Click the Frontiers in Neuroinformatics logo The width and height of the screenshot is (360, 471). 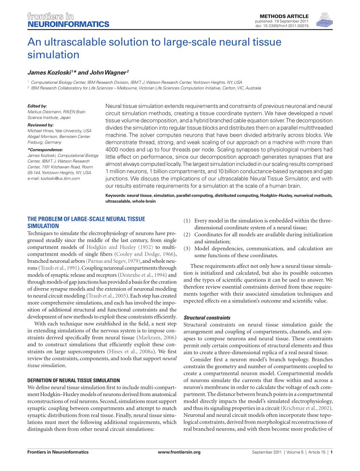click(x=68, y=20)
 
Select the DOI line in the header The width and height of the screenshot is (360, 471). click(x=282, y=26)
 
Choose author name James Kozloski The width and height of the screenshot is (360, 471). click(x=50, y=72)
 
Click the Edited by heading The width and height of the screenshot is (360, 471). click(x=37, y=106)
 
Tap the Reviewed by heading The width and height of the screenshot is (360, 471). click(x=40, y=125)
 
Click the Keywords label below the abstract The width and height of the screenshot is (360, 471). click(x=115, y=196)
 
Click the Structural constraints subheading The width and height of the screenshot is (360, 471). click(x=207, y=317)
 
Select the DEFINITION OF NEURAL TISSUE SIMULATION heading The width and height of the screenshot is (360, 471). click(x=73, y=380)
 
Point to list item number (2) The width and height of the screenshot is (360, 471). click(x=187, y=234)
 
